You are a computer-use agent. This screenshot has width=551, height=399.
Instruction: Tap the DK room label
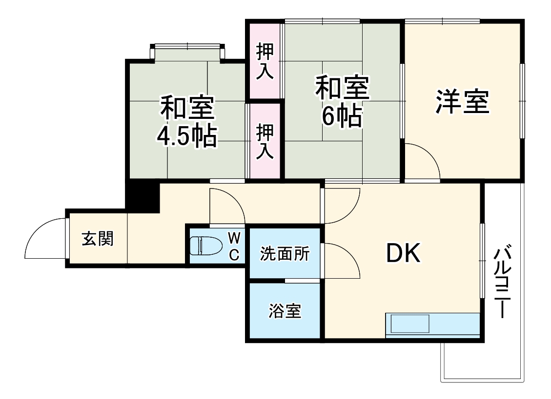(x=403, y=253)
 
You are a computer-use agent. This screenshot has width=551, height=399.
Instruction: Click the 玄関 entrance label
(x=98, y=239)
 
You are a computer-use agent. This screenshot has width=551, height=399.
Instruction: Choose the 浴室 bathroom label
(x=285, y=311)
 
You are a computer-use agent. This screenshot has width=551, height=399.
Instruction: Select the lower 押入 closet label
(x=265, y=141)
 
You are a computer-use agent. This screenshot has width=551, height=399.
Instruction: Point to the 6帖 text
(x=342, y=116)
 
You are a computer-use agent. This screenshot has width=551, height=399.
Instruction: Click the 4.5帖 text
(x=187, y=137)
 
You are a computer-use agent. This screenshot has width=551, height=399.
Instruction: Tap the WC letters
(x=234, y=246)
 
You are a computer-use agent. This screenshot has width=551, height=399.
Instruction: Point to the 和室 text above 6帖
(x=342, y=88)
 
